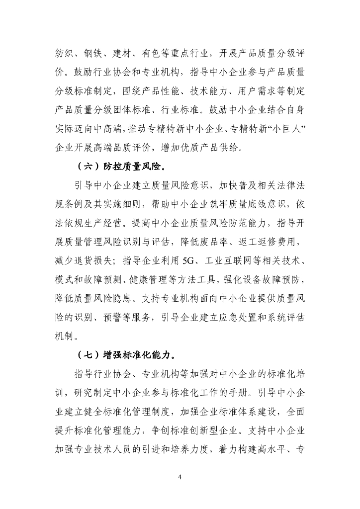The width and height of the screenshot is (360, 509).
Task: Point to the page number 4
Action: coord(180,478)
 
